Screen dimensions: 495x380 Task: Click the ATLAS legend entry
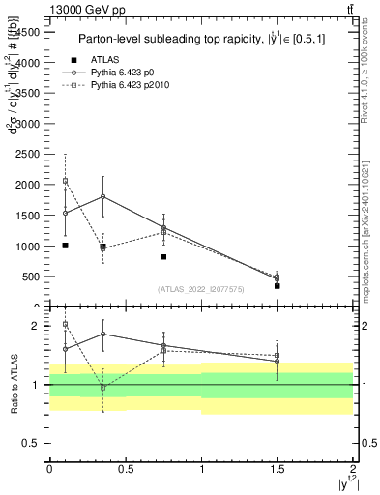click(107, 61)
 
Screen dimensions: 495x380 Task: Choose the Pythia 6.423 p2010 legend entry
click(127, 85)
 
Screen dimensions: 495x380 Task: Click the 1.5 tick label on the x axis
click(277, 468)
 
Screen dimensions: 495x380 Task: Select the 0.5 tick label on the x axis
click(125, 468)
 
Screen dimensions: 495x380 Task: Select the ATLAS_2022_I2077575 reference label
click(200, 289)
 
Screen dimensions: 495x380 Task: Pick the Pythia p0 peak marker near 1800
click(102, 196)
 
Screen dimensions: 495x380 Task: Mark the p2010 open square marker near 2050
click(65, 181)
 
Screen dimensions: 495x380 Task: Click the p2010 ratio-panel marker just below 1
click(102, 387)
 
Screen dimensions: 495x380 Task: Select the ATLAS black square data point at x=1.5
click(277, 285)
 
